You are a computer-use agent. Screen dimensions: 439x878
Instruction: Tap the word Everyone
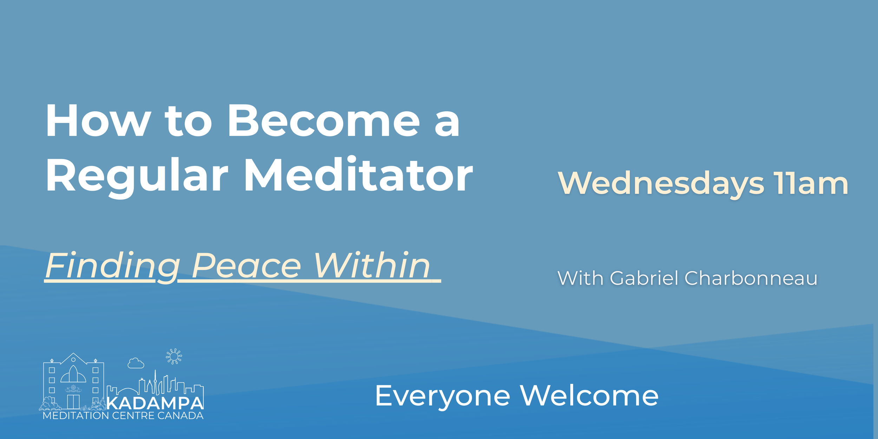point(443,396)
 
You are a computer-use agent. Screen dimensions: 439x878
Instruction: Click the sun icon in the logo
point(174,356)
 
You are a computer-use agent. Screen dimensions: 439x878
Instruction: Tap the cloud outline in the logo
point(136,363)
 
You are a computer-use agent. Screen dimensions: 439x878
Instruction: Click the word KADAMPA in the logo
point(155,403)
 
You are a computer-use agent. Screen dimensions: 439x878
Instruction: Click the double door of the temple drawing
point(73,402)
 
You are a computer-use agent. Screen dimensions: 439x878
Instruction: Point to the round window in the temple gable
point(73,360)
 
